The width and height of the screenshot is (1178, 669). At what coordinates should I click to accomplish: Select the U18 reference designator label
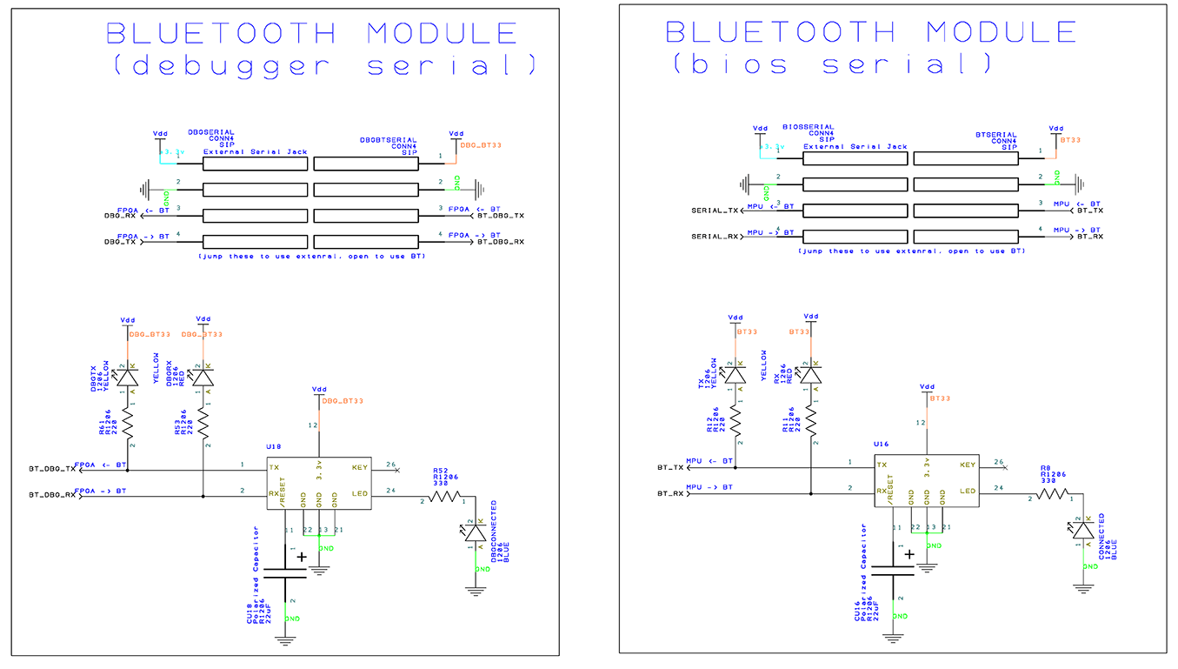click(x=273, y=446)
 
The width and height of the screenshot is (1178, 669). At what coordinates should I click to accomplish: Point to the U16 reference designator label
click(x=881, y=444)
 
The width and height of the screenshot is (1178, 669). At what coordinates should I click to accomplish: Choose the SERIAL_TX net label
click(x=715, y=211)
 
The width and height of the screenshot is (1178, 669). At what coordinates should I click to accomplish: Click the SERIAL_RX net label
click(x=715, y=237)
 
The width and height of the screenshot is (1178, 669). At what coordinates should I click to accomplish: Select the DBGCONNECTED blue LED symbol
click(x=475, y=532)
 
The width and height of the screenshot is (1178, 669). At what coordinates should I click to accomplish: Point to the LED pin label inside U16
click(x=968, y=492)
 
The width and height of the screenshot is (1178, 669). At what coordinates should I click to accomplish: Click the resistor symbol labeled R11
click(x=810, y=421)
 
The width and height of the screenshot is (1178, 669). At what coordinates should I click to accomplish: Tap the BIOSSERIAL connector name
click(x=809, y=127)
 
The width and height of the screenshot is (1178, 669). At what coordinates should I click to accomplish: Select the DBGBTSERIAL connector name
click(x=389, y=139)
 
